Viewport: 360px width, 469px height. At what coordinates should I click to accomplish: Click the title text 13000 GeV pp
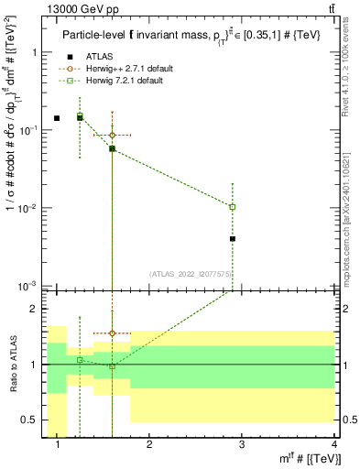[x=81, y=9]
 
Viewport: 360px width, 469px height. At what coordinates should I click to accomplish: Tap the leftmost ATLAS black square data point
[x=57, y=118]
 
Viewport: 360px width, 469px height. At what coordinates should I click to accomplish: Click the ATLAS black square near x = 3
[x=233, y=239]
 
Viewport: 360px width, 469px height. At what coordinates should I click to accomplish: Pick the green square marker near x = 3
[x=233, y=207]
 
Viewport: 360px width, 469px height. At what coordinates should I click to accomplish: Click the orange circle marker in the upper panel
[x=112, y=135]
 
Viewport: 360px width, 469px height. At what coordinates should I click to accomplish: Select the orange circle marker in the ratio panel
[x=112, y=333]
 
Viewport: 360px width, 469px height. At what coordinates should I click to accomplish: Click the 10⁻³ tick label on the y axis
[x=29, y=287]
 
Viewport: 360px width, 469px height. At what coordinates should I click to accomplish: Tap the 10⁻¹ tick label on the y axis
[x=29, y=130]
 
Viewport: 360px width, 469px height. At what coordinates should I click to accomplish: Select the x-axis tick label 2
[x=149, y=444]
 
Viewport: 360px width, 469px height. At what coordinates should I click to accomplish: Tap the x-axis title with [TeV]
[x=307, y=458]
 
